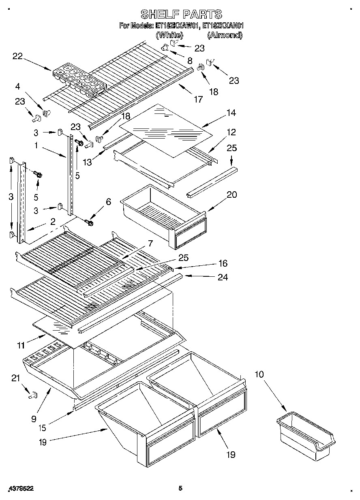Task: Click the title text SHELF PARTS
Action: (x=181, y=14)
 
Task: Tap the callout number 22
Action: (x=17, y=56)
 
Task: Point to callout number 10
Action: (x=259, y=374)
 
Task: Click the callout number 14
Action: (x=231, y=113)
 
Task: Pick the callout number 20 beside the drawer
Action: (x=231, y=194)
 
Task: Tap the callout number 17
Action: (x=198, y=99)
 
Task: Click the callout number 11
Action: (x=21, y=345)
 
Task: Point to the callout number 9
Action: (x=34, y=419)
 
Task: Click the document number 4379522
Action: (x=20, y=489)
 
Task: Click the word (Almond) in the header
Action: (x=225, y=35)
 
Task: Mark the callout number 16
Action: (x=223, y=263)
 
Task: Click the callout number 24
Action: (x=223, y=278)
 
